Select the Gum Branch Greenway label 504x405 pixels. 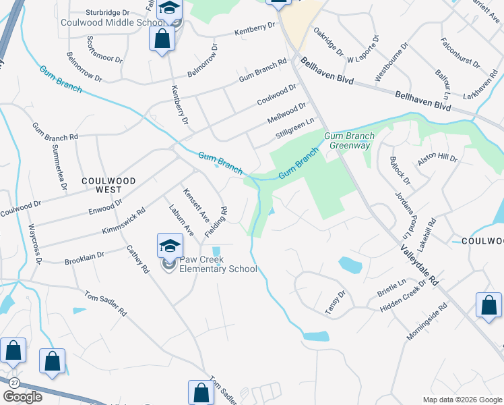click(349, 140)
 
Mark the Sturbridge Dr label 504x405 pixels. click(108, 12)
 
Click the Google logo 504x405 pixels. click(22, 397)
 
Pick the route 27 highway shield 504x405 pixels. click(13, 382)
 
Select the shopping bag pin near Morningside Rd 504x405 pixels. click(489, 306)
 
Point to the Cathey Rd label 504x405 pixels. click(137, 259)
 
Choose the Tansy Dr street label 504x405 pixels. click(334, 301)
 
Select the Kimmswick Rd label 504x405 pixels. click(123, 221)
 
